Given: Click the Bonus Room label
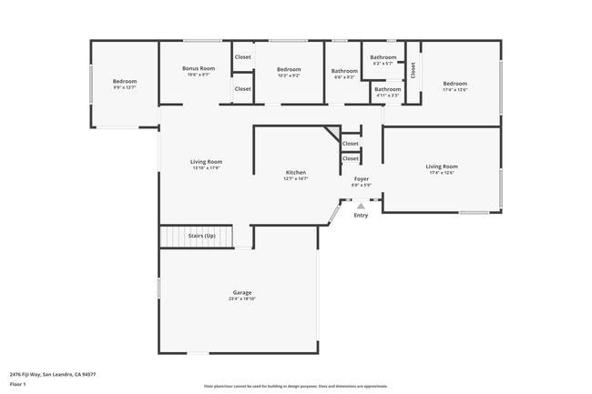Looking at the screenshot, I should click(198, 69).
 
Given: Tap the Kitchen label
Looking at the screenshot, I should click(296, 173).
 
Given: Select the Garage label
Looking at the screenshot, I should click(241, 292).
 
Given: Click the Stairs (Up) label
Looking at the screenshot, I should click(202, 236).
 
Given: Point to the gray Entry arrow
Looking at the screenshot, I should click(361, 207).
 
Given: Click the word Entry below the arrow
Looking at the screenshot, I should click(361, 216).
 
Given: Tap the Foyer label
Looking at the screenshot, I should click(362, 179).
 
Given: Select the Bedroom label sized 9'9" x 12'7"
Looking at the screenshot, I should click(125, 82).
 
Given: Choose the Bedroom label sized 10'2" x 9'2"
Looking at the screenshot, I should click(289, 70).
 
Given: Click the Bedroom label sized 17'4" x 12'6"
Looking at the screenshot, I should click(454, 84).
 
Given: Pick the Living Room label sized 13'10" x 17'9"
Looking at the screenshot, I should click(206, 162).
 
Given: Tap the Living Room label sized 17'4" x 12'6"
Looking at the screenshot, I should click(442, 167).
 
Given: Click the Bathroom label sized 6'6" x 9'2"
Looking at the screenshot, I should click(344, 71).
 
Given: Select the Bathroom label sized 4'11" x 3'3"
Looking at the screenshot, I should click(387, 89).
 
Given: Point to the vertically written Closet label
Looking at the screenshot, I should click(413, 70).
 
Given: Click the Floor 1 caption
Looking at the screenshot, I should click(18, 384).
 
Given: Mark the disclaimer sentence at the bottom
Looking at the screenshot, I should click(296, 387).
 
